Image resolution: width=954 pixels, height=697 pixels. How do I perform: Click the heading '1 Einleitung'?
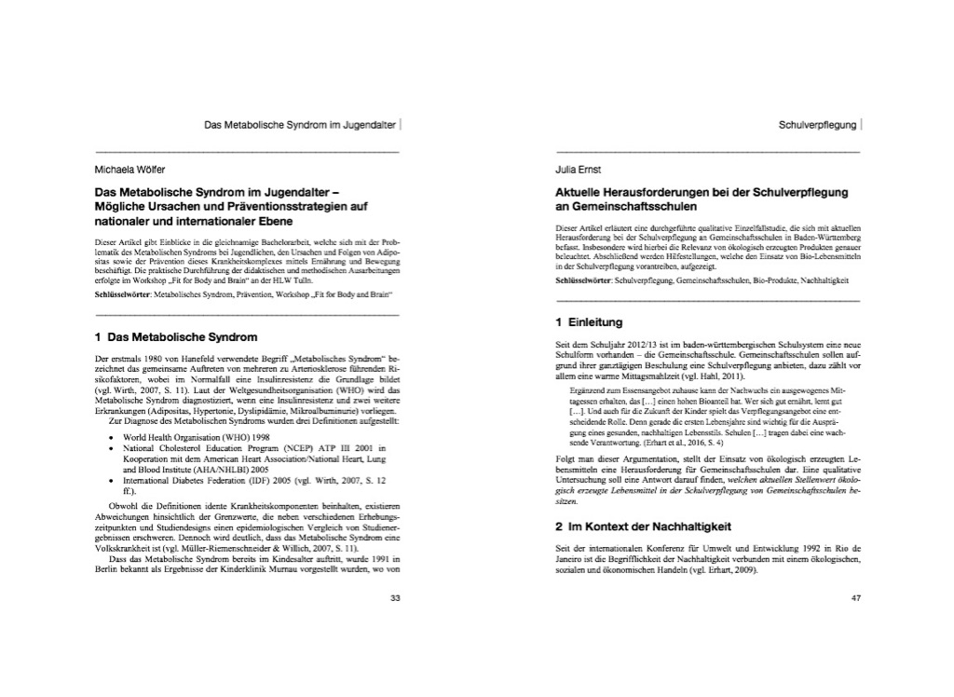[588, 322]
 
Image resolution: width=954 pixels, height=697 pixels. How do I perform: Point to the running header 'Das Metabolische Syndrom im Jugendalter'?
[299, 123]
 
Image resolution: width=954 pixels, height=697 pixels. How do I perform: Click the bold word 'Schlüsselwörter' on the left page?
[123, 294]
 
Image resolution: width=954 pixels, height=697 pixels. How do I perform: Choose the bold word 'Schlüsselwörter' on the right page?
[583, 280]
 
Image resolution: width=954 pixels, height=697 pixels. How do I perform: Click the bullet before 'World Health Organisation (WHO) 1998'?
[112, 437]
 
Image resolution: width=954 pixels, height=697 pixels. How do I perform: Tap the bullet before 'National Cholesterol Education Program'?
[112, 448]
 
